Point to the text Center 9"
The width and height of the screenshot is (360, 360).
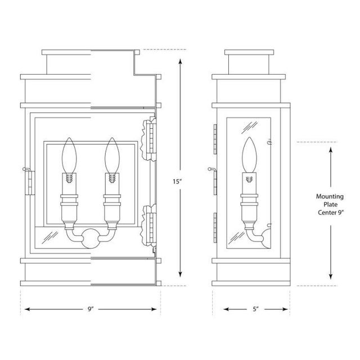coord(331,213)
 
